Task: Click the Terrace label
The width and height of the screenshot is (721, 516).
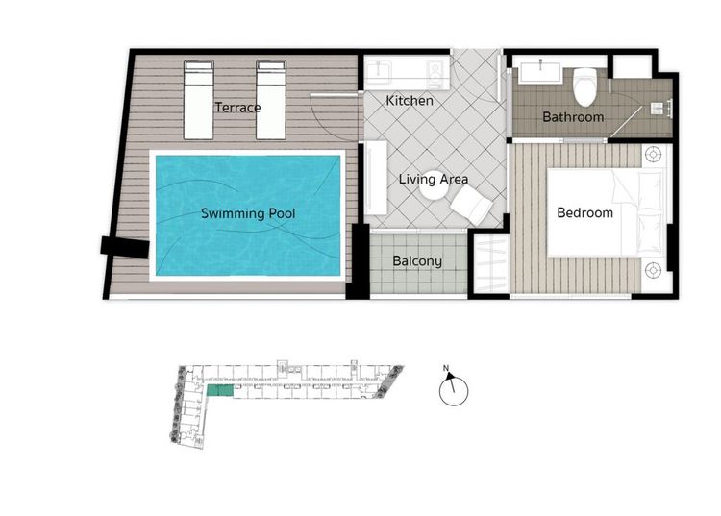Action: [x=237, y=108]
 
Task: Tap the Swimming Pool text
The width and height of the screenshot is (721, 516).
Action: [x=248, y=213]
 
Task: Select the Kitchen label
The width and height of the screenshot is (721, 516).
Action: [x=410, y=101]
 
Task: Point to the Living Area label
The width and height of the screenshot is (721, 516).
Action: [x=434, y=179]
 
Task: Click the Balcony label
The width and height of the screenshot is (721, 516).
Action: [x=417, y=261]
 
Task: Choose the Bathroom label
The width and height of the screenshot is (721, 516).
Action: [x=573, y=117]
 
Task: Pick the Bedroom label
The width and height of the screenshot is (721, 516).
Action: [x=584, y=212]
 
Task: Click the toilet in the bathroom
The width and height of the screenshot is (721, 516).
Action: [x=584, y=86]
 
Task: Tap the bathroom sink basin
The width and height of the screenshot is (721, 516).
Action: [x=540, y=73]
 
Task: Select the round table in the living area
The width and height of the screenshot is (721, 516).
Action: [x=434, y=186]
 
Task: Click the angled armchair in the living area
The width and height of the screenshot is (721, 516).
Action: [x=471, y=206]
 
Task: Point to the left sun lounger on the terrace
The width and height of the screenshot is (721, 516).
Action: [x=199, y=100]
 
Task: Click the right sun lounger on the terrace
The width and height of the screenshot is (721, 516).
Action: [x=271, y=100]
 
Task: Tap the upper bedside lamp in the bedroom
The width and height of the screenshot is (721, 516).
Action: [x=653, y=155]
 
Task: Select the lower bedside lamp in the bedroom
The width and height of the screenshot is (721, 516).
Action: [x=653, y=270]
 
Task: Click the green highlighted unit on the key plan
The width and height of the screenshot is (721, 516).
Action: [x=220, y=390]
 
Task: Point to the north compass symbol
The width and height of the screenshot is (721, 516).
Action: [x=454, y=390]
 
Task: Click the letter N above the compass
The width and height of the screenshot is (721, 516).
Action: [x=445, y=368]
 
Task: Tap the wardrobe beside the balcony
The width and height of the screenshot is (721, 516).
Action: [x=491, y=263]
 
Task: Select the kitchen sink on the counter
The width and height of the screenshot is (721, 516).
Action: [x=379, y=70]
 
